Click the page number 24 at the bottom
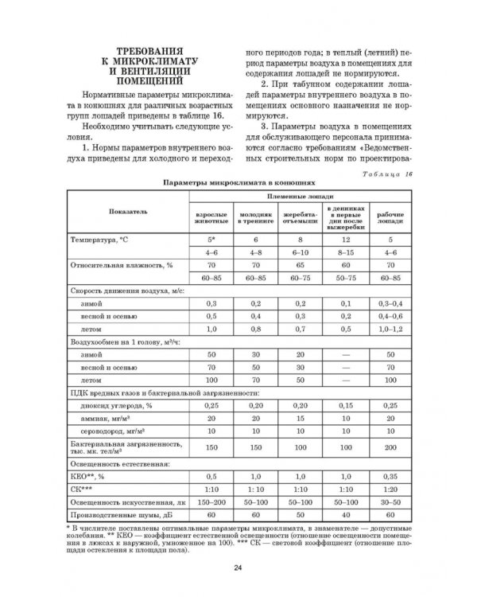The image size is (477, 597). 238,567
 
